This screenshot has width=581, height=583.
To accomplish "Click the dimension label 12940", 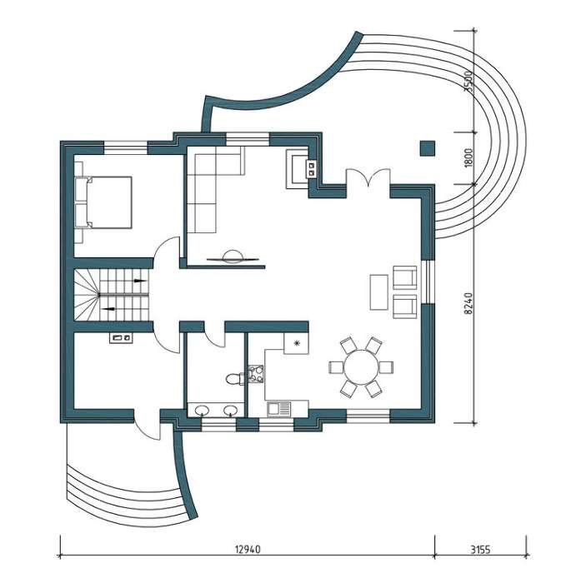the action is click(248, 549).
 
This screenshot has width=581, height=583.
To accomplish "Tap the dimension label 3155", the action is click(480, 549).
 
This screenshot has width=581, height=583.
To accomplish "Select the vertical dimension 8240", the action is click(468, 303).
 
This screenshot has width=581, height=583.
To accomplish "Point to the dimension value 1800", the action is click(468, 157).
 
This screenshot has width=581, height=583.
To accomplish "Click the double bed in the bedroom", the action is click(103, 202).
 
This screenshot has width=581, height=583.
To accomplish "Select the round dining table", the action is click(361, 367).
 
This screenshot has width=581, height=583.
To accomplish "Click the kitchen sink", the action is click(278, 409).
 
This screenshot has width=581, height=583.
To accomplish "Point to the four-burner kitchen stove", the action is click(256, 374).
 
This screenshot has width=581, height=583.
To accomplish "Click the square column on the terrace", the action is click(428, 148).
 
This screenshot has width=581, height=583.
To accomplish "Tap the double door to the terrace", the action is click(368, 177).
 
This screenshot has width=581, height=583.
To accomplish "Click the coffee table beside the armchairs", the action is click(379, 291).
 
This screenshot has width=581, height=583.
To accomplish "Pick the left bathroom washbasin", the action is click(202, 410).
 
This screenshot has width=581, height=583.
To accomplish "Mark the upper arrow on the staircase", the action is click(139, 281).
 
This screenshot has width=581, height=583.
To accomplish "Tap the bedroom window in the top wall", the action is click(126, 148).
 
